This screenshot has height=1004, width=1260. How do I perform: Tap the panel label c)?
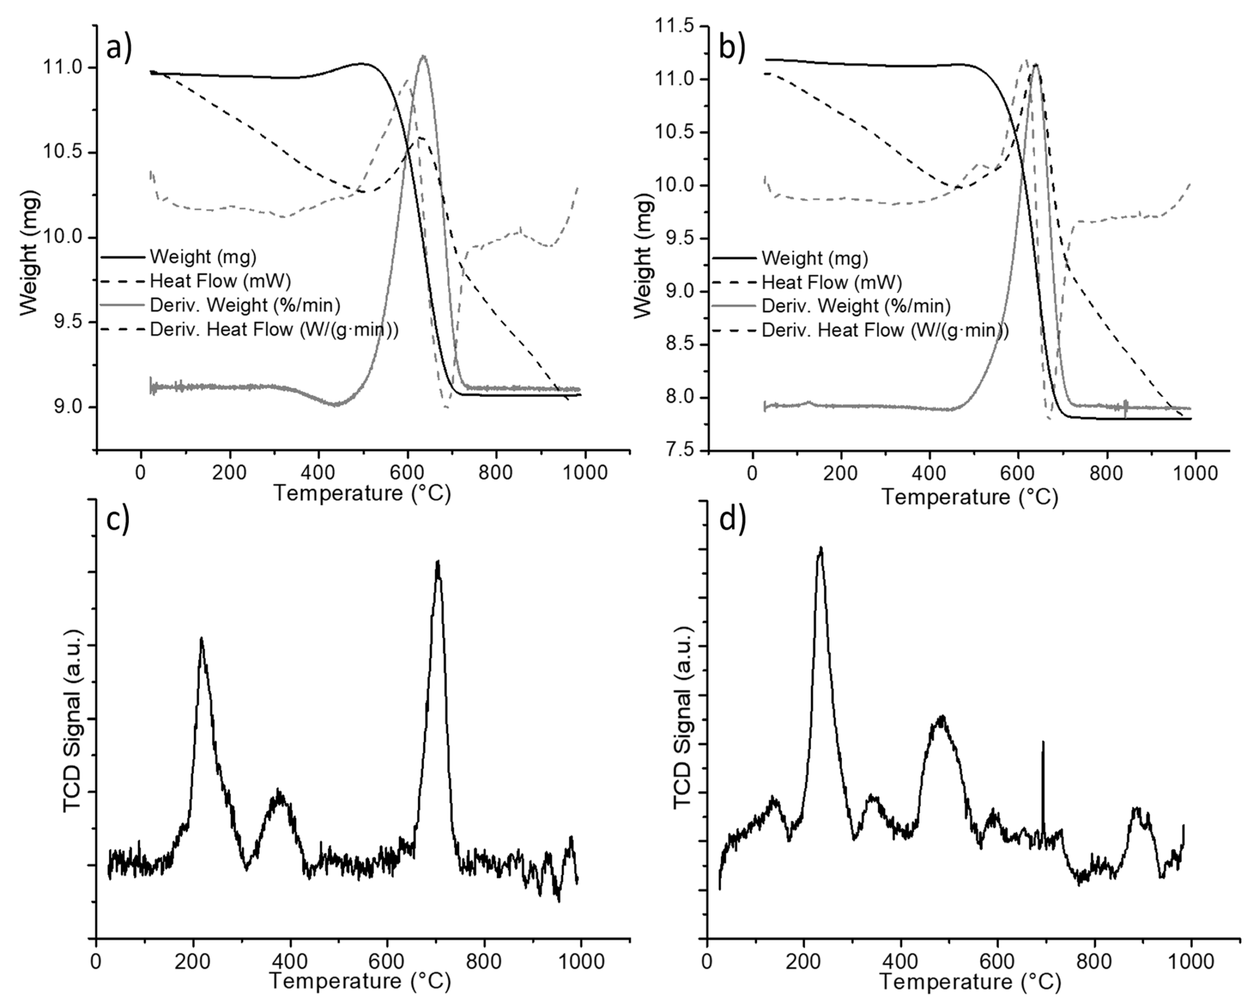[117, 519]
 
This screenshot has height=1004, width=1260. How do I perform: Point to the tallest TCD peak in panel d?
[820, 550]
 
